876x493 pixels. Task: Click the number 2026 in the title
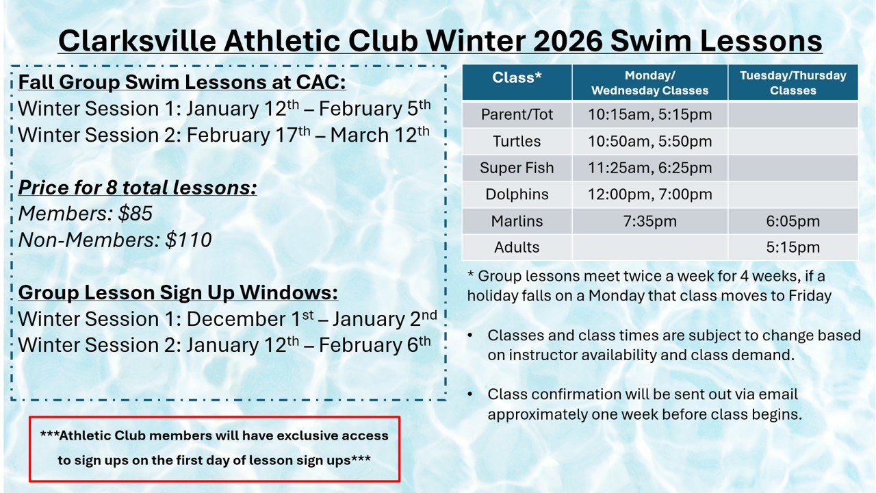click(567, 40)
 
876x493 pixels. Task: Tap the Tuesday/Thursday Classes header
click(793, 83)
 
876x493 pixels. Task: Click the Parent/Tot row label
click(517, 114)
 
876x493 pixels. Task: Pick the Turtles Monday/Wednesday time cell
click(649, 141)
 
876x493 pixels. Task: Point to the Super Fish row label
click(517, 168)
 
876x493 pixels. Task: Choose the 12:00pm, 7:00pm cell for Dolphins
click(649, 194)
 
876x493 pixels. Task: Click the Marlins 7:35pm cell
click(649, 221)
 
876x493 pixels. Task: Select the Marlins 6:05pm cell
click(793, 221)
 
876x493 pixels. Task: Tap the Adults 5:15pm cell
click(793, 247)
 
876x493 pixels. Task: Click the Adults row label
click(517, 247)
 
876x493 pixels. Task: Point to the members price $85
click(136, 214)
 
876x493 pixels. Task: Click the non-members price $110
click(188, 240)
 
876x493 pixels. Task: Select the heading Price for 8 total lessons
click(138, 188)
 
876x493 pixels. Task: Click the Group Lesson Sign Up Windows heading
click(178, 292)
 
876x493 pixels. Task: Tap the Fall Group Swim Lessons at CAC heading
click(182, 82)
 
